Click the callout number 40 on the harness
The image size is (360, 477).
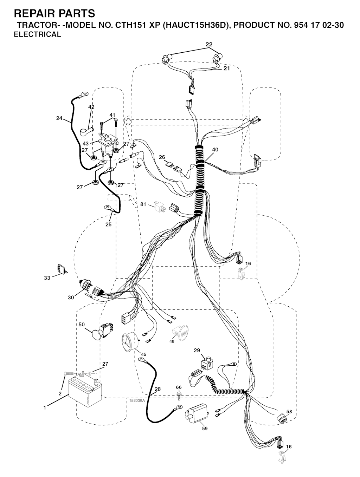click(215, 150)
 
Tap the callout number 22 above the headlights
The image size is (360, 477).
click(209, 44)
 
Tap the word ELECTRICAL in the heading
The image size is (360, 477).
click(37, 34)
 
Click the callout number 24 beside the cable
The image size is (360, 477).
click(59, 118)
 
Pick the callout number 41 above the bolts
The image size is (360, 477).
click(112, 115)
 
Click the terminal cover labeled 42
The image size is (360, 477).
click(86, 131)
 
